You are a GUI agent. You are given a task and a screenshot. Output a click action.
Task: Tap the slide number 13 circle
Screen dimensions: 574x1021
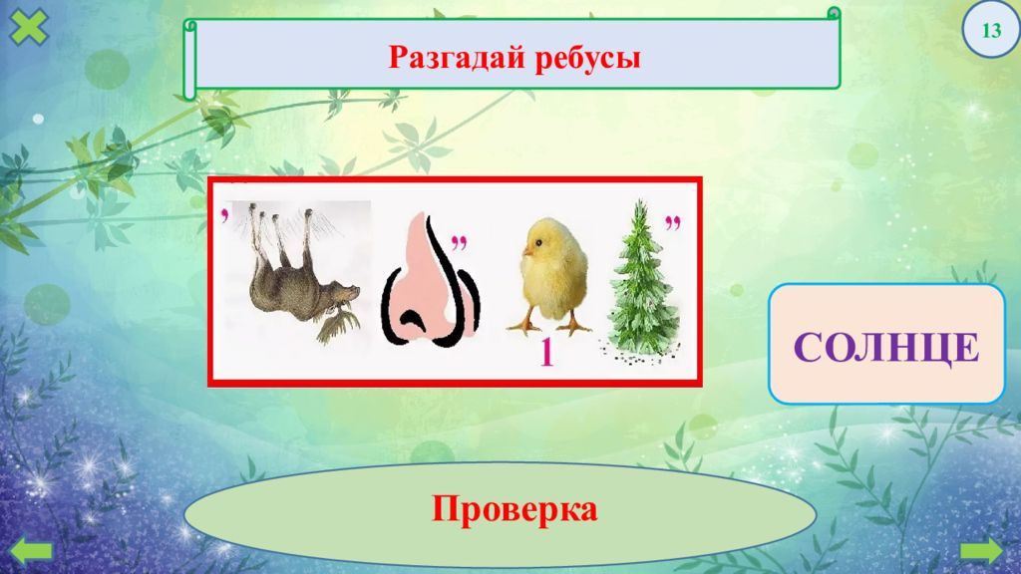pos(992,30)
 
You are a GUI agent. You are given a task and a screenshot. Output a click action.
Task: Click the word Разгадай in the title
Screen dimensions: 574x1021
pos(452,58)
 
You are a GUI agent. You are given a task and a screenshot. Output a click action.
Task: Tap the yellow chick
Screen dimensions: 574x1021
pos(551,270)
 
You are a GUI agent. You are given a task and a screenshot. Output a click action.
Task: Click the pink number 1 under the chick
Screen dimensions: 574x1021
pos(546,353)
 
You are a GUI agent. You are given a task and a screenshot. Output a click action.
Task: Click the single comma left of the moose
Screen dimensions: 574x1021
pos(226,215)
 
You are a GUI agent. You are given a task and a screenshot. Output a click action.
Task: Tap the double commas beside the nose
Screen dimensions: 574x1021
pos(461,243)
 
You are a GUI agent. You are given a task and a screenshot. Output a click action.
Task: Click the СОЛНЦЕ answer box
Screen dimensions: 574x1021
pos(886,345)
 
